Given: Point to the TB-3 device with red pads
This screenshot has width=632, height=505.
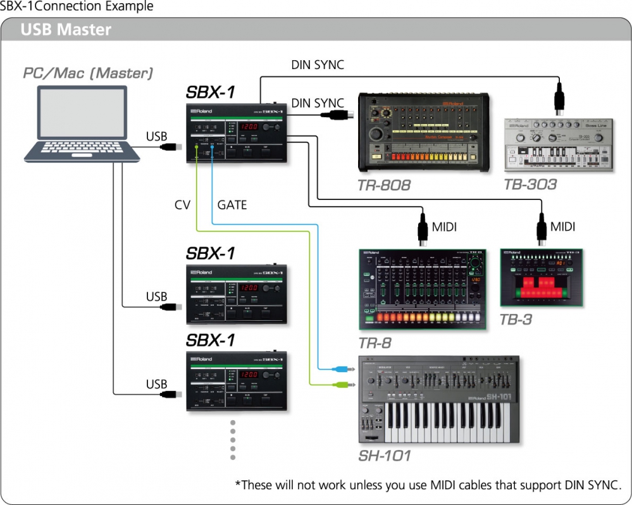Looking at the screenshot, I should click(x=542, y=278).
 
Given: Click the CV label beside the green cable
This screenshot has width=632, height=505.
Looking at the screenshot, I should click(x=182, y=205).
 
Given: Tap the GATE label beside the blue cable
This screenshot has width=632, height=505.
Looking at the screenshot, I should click(x=232, y=205).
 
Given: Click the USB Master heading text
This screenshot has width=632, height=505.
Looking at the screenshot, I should click(x=66, y=30).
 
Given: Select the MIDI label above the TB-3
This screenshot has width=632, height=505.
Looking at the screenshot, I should click(x=562, y=226).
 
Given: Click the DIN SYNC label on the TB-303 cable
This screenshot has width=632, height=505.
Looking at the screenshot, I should click(x=318, y=65).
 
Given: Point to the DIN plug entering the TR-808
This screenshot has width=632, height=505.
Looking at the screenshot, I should click(x=338, y=115).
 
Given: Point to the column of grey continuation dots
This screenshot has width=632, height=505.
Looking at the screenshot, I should click(x=233, y=439).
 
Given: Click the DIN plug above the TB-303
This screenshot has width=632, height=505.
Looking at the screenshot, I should click(x=559, y=98).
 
